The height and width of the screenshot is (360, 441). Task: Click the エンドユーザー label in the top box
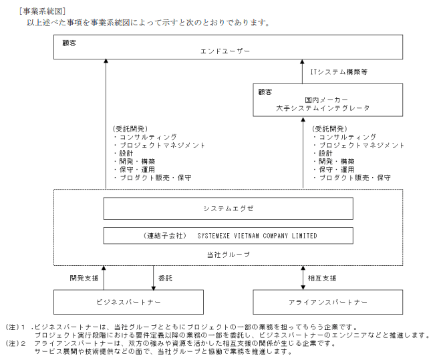pos(225,51)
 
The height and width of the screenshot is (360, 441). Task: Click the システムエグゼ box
pos(228,208)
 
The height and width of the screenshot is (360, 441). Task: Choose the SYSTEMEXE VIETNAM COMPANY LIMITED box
pos(228,236)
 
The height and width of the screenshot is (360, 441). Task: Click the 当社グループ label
pos(228,254)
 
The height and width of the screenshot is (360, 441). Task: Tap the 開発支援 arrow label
pos(84,277)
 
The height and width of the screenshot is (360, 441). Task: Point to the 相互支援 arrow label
pos(322,277)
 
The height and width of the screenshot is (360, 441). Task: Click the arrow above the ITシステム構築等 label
pos(303,71)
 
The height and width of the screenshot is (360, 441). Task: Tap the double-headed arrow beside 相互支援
pos(303,277)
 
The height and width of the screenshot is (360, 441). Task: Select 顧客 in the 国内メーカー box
pos(267,89)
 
